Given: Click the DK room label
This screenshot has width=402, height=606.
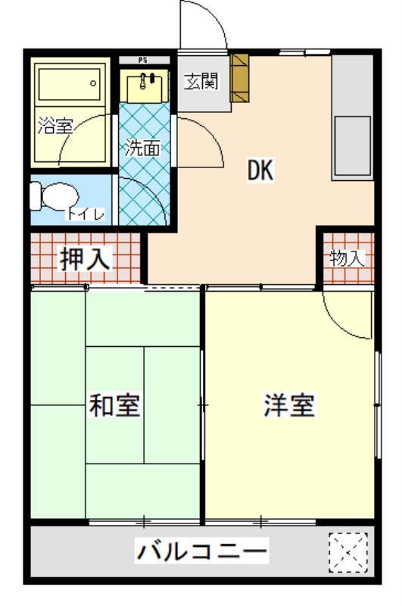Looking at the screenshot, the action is (x=260, y=170).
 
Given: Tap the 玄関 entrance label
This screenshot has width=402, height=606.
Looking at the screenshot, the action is (x=201, y=81).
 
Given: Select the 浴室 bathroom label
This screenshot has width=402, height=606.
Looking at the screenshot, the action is (x=55, y=126).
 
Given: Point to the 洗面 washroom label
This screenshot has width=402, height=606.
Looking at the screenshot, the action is (x=142, y=147).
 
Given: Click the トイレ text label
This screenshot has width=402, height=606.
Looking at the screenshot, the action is (x=86, y=214).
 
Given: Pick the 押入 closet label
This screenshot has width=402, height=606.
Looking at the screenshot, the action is (x=86, y=258).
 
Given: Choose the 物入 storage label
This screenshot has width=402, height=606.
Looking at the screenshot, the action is (x=347, y=258).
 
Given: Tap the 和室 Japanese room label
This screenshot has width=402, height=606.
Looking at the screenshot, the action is (x=114, y=405).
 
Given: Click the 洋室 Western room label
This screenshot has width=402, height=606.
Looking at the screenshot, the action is (x=289, y=405).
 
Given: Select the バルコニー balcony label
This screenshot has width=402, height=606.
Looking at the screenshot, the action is (x=201, y=551).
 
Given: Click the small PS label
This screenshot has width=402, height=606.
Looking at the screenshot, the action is (x=143, y=61).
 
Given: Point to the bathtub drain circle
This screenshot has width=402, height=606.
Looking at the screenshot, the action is (x=93, y=83).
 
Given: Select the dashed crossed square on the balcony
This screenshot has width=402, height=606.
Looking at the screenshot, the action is (x=348, y=552).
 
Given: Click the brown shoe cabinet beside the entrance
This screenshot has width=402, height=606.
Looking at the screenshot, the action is (x=239, y=78).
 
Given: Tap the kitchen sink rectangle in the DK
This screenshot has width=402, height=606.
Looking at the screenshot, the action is (x=352, y=145).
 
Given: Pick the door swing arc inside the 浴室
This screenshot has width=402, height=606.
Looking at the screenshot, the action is (x=73, y=131).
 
